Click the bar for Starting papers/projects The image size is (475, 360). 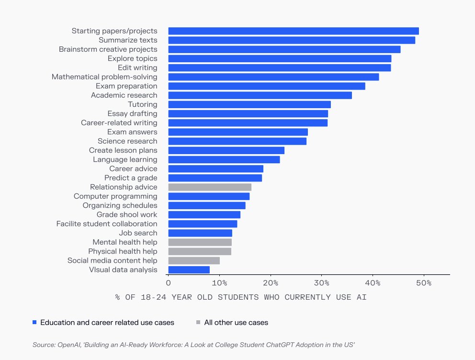pyautogui.click(x=293, y=31)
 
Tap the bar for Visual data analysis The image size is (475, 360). pyautogui.click(x=189, y=270)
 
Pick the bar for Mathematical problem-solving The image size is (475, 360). pyautogui.click(x=273, y=77)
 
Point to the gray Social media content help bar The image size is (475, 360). pyautogui.click(x=193, y=260)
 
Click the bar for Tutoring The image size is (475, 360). pyautogui.click(x=249, y=104)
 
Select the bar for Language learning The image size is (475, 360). pyautogui.click(x=224, y=159)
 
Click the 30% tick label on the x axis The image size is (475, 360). pyautogui.click(x=322, y=283)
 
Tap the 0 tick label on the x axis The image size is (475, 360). pyautogui.click(x=168, y=283)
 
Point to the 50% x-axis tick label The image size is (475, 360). pyautogui.click(x=424, y=283)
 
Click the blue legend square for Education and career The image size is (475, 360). pyautogui.click(x=34, y=323)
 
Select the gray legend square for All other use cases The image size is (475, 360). pyautogui.click(x=198, y=323)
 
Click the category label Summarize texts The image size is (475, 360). pyautogui.click(x=128, y=40)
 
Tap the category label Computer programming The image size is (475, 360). pyautogui.click(x=115, y=196)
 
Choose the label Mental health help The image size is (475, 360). pyautogui.click(x=124, y=242)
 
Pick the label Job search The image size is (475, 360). pyautogui.click(x=138, y=233)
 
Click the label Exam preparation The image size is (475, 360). pyautogui.click(x=126, y=86)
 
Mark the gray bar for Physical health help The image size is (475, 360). pyautogui.click(x=199, y=251)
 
